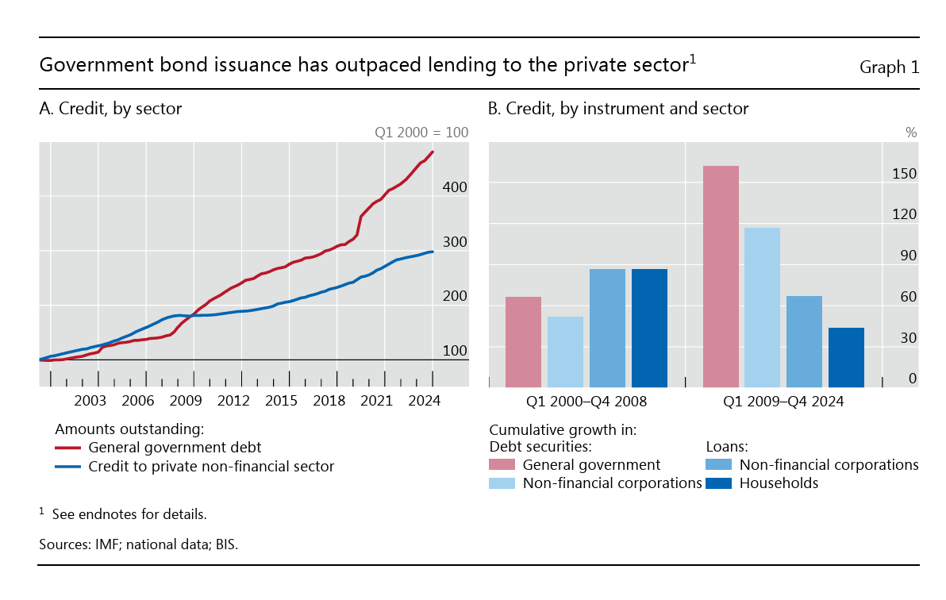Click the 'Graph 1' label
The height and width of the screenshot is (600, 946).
889,67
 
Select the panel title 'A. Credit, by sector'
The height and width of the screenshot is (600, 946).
110,109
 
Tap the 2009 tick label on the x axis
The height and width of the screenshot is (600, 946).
186,401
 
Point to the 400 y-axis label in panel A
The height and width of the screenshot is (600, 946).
455,187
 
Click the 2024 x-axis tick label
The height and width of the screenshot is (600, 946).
425,401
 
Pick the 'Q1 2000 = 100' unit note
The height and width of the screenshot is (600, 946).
421,133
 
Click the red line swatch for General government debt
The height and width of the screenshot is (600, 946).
69,448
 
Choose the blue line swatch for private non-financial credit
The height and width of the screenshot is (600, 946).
69,467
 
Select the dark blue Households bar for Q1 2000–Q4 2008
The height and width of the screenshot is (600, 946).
649,328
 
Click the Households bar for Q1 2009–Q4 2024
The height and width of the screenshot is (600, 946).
846,357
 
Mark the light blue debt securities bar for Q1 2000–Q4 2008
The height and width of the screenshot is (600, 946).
565,352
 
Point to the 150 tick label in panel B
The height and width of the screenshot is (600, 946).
904,174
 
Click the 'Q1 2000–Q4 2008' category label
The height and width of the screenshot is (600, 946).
586,402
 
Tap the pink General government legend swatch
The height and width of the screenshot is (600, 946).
502,464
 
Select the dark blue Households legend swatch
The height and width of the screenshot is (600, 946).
719,483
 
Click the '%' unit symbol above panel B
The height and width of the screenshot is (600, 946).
911,133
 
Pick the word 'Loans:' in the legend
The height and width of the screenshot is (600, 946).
728,447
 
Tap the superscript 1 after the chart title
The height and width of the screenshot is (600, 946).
692,59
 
